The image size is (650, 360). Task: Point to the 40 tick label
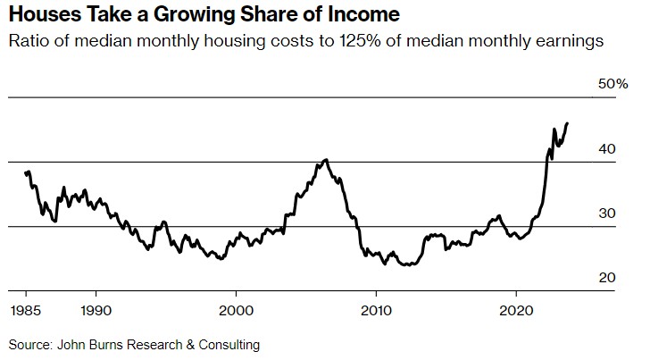pyautogui.click(x=607, y=148)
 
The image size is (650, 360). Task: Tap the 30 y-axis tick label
pyautogui.click(x=607, y=213)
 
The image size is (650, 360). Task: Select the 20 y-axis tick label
pyautogui.click(x=607, y=279)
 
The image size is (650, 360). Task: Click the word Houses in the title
pyautogui.click(x=39, y=15)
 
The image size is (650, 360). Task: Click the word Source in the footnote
pyautogui.click(x=29, y=344)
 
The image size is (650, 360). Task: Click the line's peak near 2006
pyautogui.click(x=326, y=160)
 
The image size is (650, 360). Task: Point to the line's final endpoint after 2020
pyautogui.click(x=568, y=123)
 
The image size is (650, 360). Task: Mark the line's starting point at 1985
pyautogui.click(x=26, y=173)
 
